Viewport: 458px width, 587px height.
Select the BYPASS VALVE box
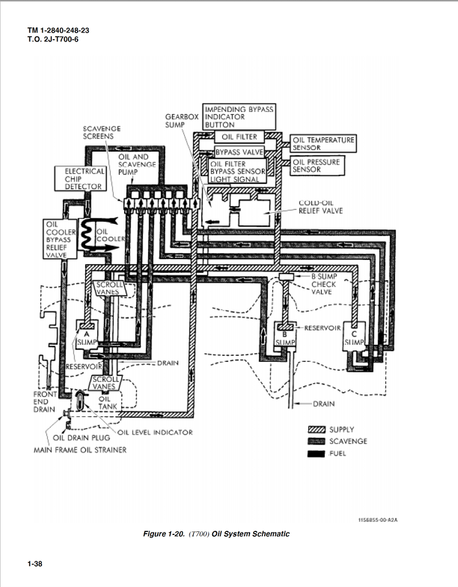click(238, 151)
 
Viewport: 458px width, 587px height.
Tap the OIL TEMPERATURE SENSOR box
click(323, 144)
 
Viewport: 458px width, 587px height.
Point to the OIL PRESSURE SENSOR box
click(316, 166)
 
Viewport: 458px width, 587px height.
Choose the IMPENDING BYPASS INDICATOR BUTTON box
click(238, 116)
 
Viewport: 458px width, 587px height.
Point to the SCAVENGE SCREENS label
click(102, 133)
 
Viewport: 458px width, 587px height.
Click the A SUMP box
click(87, 338)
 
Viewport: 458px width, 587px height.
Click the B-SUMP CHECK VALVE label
click(323, 284)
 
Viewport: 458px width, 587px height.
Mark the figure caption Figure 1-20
click(216, 534)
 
